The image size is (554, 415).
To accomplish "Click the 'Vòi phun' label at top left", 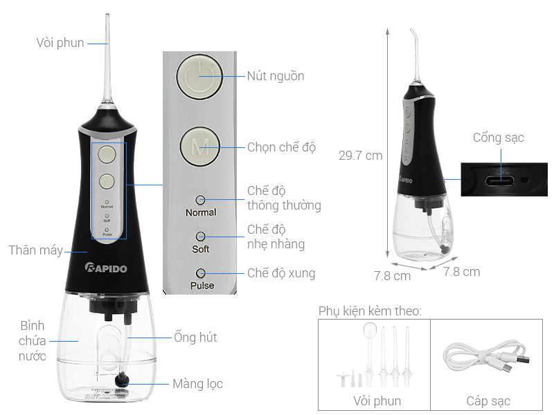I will click(x=60, y=43).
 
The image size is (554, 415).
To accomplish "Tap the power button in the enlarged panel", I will click(x=199, y=75).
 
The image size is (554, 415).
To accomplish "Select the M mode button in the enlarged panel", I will click(x=199, y=147).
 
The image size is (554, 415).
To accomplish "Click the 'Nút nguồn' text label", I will click(x=276, y=76).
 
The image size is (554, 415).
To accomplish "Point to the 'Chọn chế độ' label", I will click(x=281, y=147).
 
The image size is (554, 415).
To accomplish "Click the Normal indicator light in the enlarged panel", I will click(x=200, y=200).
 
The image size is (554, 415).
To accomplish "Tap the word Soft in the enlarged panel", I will click(x=200, y=249).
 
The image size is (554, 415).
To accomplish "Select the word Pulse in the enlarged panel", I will click(x=202, y=285).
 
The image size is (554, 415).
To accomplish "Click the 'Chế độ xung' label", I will click(x=281, y=273).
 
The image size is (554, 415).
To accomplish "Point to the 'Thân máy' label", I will click(x=35, y=250).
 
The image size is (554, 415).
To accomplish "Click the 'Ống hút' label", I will click(x=195, y=338).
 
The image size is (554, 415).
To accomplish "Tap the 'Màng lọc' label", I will click(x=197, y=383).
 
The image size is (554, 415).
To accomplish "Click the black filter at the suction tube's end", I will click(x=125, y=378).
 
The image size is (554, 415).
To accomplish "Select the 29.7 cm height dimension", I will click(x=360, y=156).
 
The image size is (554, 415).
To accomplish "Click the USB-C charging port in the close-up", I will click(x=500, y=181).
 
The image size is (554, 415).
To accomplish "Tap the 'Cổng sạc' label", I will click(x=499, y=138).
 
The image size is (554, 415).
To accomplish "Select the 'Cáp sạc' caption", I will click(x=488, y=401).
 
